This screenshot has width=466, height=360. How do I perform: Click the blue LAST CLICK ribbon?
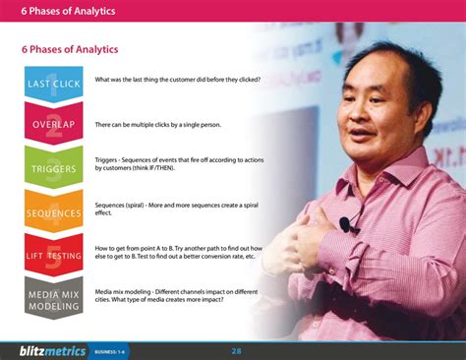click(53, 84)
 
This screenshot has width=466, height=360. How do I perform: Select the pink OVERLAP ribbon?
click(53, 125)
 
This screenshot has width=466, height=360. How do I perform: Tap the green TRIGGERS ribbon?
click(53, 168)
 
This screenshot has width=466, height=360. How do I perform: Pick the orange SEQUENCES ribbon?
click(53, 212)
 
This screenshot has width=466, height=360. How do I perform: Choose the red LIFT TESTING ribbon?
click(53, 255)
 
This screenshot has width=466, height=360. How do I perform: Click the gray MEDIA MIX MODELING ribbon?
click(53, 298)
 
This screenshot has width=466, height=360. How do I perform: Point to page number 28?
click(237, 350)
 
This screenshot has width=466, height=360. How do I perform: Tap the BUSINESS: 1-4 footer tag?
click(112, 350)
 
